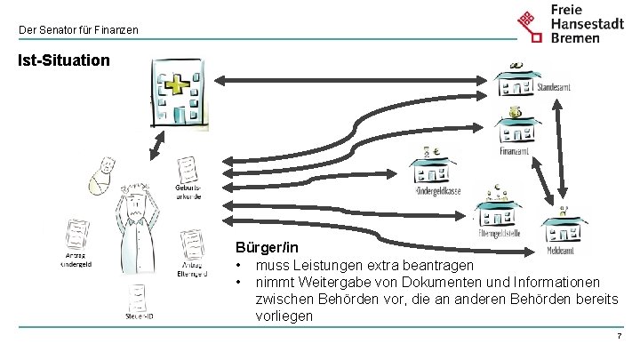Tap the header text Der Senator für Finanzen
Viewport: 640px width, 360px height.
78,30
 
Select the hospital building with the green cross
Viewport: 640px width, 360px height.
180,92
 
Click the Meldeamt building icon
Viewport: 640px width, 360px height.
564,227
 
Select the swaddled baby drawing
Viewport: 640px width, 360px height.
103,175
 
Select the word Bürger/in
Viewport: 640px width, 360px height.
267,248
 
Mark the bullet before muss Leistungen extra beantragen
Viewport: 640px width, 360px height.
239,266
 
